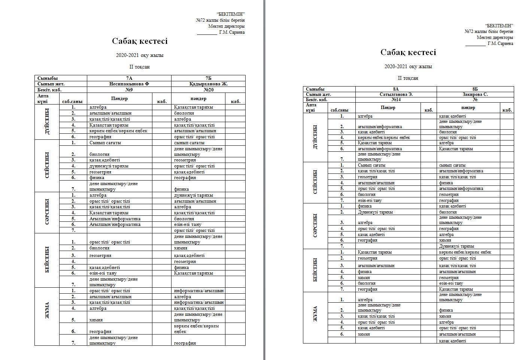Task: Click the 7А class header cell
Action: coord(129,78)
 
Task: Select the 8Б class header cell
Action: coord(475,89)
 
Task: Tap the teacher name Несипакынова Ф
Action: coord(129,84)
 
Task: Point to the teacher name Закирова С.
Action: coord(475,94)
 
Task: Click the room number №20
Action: coord(209,90)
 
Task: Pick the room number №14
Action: coord(396,100)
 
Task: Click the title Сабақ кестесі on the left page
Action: coord(140,41)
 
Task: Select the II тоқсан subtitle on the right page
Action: coord(408,78)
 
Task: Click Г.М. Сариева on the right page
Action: coord(500,43)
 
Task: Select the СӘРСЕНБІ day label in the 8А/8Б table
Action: coord(315,226)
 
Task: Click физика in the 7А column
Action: coord(97,178)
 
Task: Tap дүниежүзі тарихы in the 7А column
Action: coord(109,166)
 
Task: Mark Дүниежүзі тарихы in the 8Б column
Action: coord(456,246)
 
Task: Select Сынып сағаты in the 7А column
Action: coord(105,143)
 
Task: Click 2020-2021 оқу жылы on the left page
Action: coord(140,55)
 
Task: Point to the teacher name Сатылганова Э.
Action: coord(396,94)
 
